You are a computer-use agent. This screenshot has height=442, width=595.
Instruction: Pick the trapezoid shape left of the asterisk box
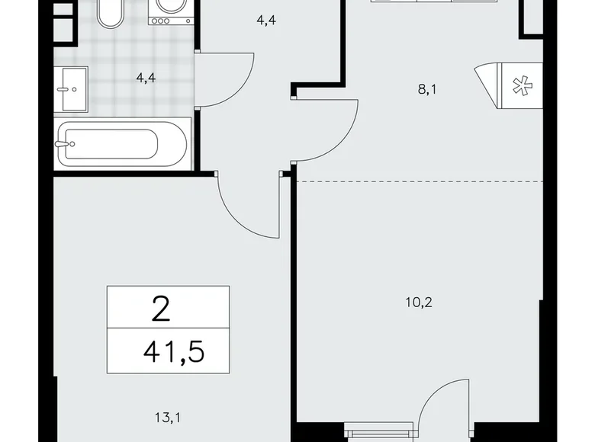[x=486, y=80]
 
